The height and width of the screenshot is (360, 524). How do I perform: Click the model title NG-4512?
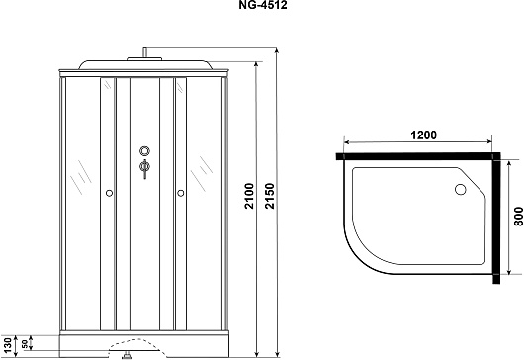[x=263, y=5]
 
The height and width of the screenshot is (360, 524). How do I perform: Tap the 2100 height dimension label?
[x=249, y=196]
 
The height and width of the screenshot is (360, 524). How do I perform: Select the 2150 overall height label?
[x=269, y=196]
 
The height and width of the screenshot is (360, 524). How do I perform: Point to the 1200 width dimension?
[x=423, y=135]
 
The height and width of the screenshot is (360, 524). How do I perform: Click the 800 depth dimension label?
[x=518, y=217]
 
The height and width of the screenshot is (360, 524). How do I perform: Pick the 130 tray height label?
[x=7, y=345]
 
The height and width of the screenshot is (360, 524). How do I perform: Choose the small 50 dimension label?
[x=25, y=344]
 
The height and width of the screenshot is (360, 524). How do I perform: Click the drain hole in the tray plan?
[x=460, y=190]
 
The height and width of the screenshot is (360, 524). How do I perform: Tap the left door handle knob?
[x=109, y=193]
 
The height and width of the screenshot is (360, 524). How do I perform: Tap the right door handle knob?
[x=181, y=193]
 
